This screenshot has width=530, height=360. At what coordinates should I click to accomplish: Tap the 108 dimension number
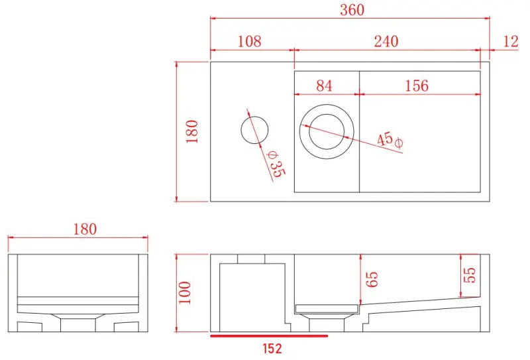tap(249, 41)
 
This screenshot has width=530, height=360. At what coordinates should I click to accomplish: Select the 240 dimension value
tap(386, 41)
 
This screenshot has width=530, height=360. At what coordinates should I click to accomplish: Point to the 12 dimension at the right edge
tap(511, 41)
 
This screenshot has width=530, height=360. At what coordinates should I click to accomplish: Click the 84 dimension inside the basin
tap(324, 86)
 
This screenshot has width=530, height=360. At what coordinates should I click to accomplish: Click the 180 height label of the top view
tap(192, 133)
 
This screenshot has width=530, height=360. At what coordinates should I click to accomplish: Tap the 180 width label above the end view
tap(85, 229)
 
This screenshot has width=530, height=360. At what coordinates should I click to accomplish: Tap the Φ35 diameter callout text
tap(276, 162)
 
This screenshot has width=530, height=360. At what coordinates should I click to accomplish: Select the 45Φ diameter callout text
tap(390, 140)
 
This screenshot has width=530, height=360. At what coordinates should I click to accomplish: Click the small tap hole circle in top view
tap(254, 129)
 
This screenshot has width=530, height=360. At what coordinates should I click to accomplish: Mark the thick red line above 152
tap(268, 335)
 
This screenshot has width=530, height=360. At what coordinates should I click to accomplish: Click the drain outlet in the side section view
tap(327, 322)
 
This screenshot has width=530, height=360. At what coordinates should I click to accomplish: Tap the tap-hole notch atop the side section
tap(250, 259)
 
